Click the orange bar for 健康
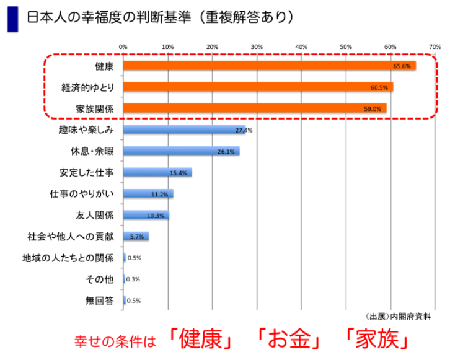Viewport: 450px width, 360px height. pos(269,65)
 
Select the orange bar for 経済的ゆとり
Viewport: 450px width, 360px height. pos(258,87)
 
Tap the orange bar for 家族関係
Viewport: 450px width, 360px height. pos(254,108)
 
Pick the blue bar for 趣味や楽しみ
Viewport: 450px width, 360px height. pos(184,130)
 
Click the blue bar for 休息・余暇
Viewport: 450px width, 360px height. pos(181,151)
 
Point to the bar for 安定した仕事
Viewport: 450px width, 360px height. pos(157,172)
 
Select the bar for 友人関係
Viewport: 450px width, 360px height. pos(146,215)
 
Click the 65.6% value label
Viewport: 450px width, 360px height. pos(402,66)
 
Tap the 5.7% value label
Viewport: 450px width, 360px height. pos(137,237)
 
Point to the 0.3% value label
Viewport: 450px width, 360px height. pos(133,279)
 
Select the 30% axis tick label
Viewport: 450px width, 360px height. pos(257,46)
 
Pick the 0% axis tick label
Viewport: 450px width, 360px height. pos(123,46)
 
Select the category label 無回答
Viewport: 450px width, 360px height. pos(100,301)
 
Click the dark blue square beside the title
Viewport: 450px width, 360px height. pos(12,18)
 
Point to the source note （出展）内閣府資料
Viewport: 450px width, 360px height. pos(398,317)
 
